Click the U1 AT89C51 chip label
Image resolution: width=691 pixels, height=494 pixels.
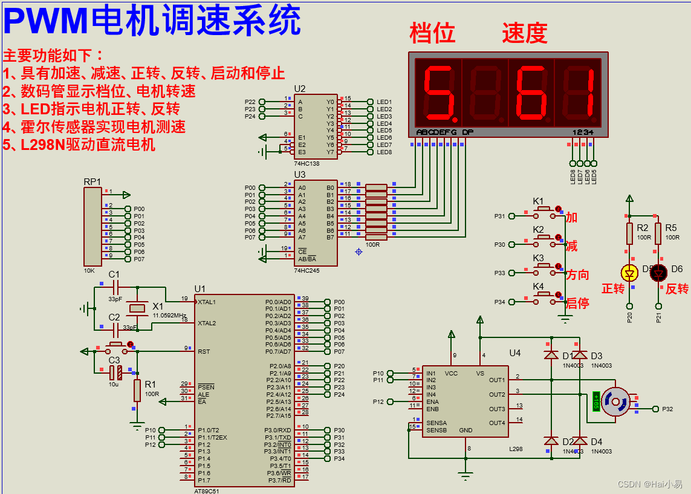coord(200,288)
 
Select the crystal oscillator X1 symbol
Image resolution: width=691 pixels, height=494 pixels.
coord(138,309)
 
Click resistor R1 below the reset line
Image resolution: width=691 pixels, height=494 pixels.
coord(137,390)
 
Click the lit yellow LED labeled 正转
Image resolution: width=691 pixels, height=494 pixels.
coord(630,273)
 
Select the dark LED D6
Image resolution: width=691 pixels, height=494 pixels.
coord(658,273)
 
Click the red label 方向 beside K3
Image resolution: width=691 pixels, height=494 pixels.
coord(577,275)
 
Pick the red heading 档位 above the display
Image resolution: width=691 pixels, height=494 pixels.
coord(432,33)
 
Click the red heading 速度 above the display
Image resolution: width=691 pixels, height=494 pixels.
coord(524,33)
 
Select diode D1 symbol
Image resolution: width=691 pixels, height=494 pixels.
coord(551,355)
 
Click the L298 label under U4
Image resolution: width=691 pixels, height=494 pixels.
coord(516,449)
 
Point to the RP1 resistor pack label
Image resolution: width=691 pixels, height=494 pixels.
coord(92,181)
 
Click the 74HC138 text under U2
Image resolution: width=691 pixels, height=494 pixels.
coord(308,163)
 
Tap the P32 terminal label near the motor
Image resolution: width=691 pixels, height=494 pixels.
coord(667,409)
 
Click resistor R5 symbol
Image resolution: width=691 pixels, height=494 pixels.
coord(658,233)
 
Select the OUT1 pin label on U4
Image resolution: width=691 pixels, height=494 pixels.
coord(496,380)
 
